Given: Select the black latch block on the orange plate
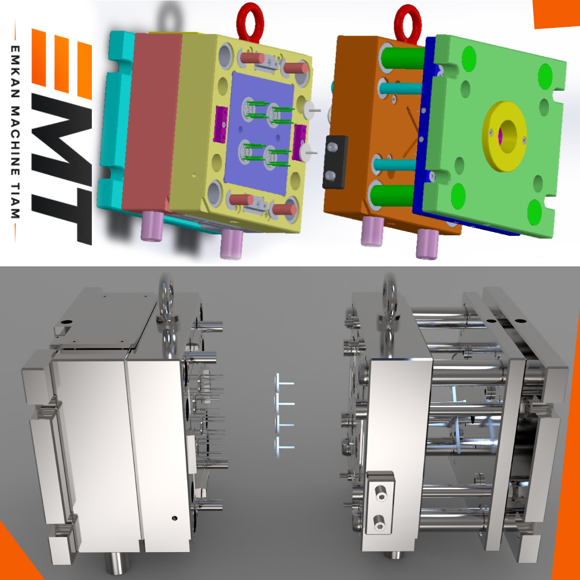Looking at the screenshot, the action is [x=335, y=162].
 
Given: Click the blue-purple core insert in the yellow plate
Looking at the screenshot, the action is [x=259, y=133].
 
